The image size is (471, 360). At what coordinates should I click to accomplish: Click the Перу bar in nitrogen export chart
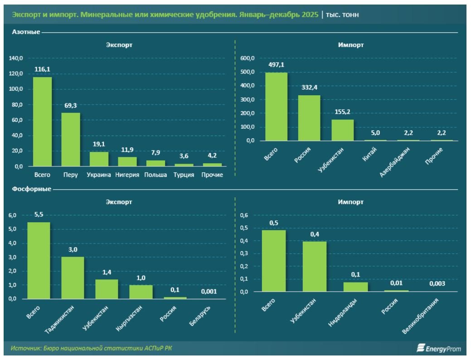click(71, 140)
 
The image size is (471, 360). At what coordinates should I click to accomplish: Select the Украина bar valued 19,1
click(99, 159)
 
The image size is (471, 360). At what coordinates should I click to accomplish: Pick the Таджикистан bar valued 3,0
click(73, 278)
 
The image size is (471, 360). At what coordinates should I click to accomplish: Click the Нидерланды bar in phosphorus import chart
click(355, 287)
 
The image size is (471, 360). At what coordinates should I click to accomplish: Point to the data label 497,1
click(276, 65)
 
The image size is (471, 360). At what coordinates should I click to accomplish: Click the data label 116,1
click(42, 69)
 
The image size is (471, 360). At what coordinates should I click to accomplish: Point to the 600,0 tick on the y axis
click(247, 58)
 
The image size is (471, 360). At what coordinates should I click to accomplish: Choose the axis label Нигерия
click(127, 175)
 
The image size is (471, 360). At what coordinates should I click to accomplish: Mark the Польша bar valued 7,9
click(155, 163)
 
